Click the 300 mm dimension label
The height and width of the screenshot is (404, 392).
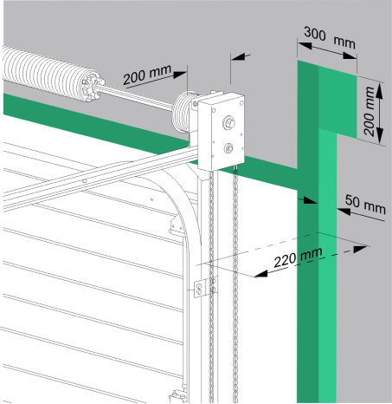(330, 37)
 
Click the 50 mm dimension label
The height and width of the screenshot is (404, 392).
(365, 205)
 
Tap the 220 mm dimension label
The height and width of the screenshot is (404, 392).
(298, 257)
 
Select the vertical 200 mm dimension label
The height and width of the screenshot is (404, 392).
(369, 112)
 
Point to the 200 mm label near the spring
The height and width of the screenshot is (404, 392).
(147, 74)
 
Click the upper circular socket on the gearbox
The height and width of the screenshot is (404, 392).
(228, 122)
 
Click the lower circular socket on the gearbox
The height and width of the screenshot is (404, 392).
(229, 148)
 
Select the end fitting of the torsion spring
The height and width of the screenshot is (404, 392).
(92, 87)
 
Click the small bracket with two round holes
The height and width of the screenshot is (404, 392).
(199, 289)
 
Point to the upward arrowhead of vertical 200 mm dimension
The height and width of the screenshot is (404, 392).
(380, 93)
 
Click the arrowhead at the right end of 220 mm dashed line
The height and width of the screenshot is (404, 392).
(361, 249)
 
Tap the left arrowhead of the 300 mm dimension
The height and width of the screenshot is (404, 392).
(305, 46)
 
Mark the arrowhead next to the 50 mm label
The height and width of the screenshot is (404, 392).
(344, 212)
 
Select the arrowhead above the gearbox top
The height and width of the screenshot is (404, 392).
(238, 57)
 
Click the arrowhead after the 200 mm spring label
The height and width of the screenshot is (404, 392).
(180, 75)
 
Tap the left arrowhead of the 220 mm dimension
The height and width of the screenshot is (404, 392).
(260, 274)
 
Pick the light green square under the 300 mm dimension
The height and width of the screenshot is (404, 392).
(337, 101)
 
